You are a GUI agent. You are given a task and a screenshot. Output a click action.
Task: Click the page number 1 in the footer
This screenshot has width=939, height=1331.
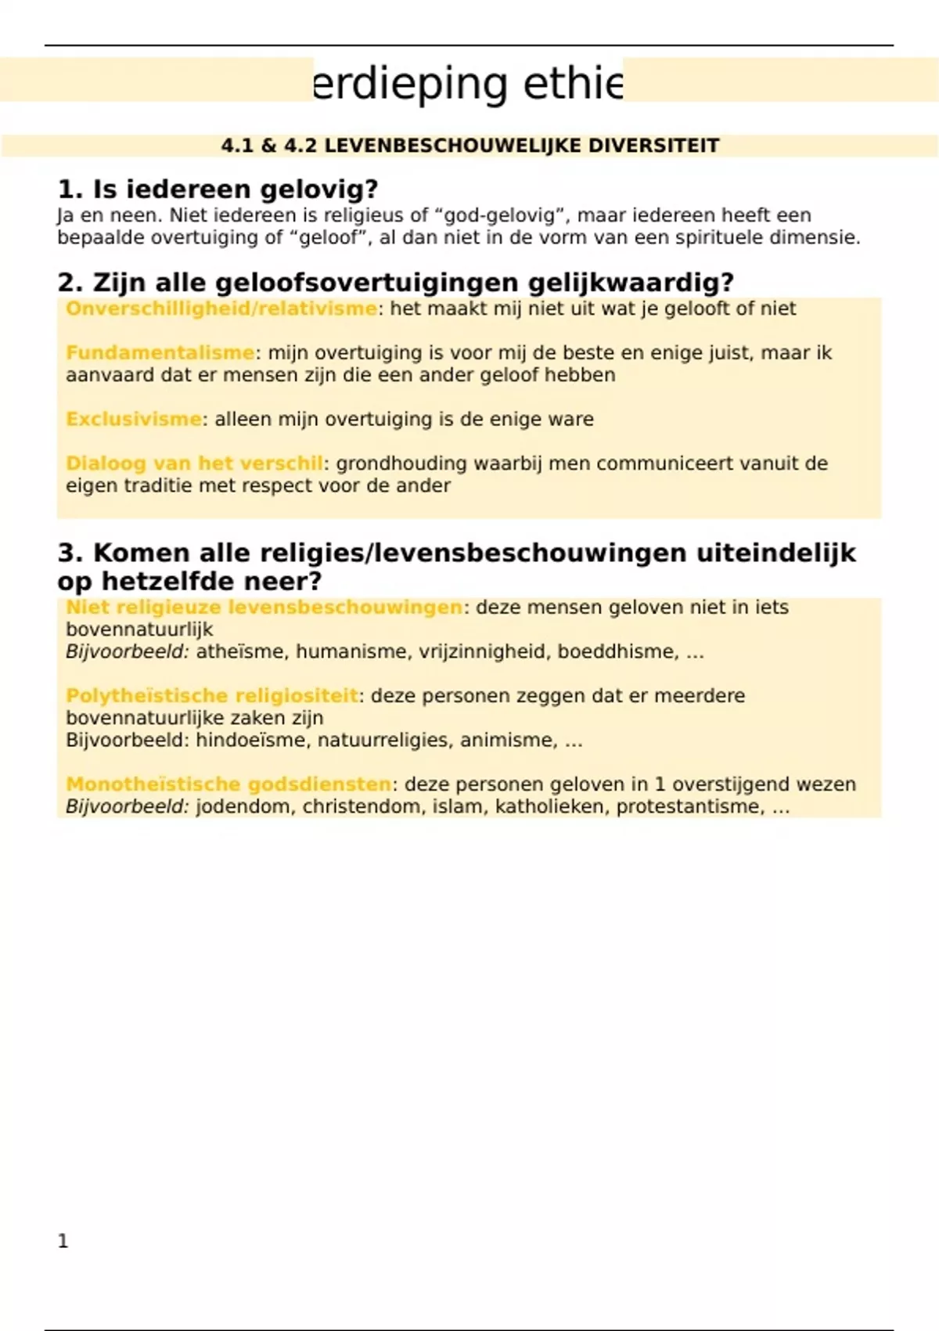63,1241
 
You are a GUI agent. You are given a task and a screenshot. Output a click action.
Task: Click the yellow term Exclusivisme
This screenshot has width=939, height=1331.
134,419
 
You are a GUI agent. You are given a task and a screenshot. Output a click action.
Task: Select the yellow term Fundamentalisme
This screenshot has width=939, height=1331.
160,353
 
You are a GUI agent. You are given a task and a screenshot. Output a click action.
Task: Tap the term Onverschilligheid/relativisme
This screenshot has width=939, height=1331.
221,308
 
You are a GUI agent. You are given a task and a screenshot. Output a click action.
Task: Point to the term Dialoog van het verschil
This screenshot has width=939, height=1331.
195,464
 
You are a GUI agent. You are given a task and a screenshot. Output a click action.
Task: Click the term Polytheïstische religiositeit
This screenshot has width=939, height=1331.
212,695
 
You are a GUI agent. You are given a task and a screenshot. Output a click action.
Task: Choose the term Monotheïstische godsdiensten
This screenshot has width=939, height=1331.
228,784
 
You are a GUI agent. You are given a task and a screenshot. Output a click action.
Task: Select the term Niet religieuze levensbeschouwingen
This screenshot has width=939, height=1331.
264,607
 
